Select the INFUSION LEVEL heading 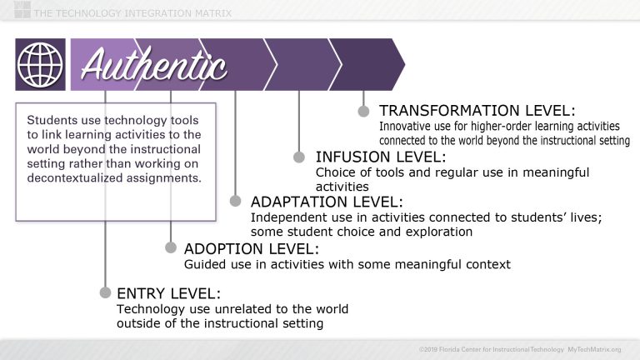381,157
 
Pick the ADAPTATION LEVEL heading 327,202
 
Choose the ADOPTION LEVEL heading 251,248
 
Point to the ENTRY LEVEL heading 169,292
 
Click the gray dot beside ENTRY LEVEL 105,292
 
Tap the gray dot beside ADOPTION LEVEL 170,247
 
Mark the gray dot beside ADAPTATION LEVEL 235,202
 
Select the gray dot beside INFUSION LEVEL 299,156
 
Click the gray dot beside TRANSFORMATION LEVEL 363,110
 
